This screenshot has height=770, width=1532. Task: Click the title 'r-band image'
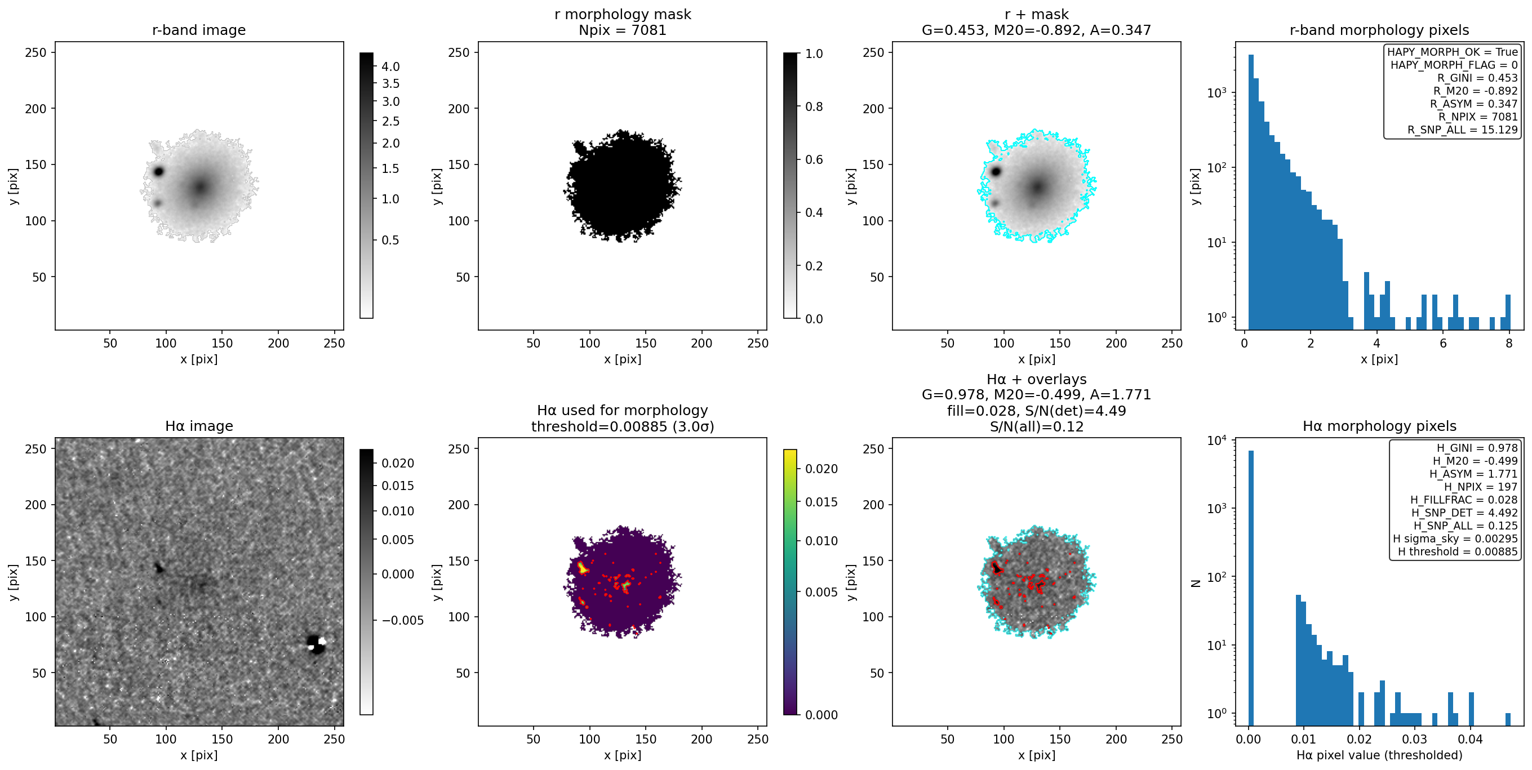tap(199, 30)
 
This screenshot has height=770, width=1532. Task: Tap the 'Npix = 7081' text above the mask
tap(622, 30)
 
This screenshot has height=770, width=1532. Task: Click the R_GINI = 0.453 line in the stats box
tap(1477, 78)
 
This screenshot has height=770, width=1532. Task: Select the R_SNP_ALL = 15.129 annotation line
tap(1463, 130)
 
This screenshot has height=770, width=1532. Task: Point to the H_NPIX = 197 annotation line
tap(1480, 487)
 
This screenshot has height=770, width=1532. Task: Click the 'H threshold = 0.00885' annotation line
tap(1458, 552)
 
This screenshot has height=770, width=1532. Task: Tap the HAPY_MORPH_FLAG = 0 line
tap(1454, 65)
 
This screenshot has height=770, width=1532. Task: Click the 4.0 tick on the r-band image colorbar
tap(390, 66)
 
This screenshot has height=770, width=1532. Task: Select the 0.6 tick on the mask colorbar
tap(814, 159)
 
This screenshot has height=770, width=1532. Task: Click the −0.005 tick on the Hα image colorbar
tap(402, 621)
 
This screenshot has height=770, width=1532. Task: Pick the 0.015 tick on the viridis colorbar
tap(821, 502)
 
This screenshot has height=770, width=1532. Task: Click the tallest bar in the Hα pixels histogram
tap(1251, 582)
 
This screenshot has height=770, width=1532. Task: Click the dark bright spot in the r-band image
tap(159, 172)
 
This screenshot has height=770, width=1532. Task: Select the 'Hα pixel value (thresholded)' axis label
tap(1379, 755)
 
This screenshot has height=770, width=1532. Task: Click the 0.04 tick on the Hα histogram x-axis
tap(1470, 739)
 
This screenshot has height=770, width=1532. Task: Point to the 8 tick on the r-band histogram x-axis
tap(1509, 343)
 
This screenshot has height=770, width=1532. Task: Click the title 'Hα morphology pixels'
tap(1379, 426)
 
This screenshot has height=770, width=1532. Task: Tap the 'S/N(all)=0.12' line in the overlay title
tap(1036, 426)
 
